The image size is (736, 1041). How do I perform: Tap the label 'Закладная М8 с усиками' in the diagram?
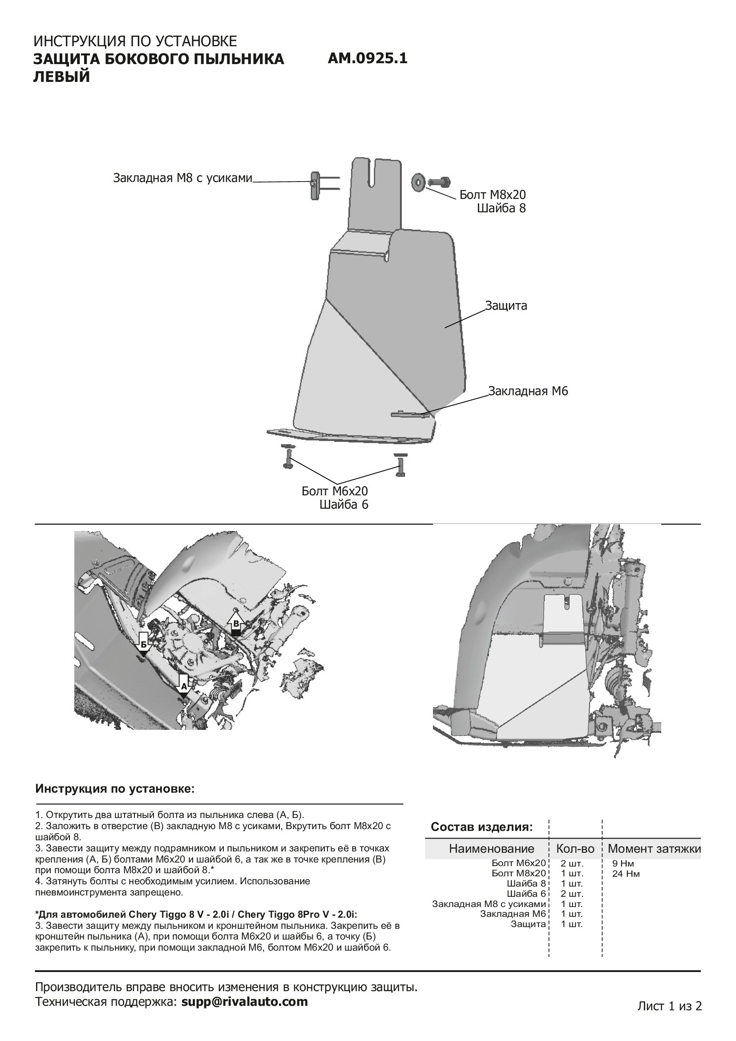182,178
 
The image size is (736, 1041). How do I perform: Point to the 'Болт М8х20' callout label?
493,195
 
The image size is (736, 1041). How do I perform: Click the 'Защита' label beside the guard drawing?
506,306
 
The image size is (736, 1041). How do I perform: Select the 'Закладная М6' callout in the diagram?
528,391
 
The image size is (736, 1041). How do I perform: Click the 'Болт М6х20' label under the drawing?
335,491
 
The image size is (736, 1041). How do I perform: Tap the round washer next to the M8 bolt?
417,182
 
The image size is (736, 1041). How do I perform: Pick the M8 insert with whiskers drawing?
315,184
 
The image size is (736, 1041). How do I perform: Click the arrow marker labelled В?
236,624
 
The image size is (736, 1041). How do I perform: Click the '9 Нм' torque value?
623,863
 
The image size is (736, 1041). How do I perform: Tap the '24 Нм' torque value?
625,874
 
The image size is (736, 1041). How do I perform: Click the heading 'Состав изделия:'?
481,827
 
